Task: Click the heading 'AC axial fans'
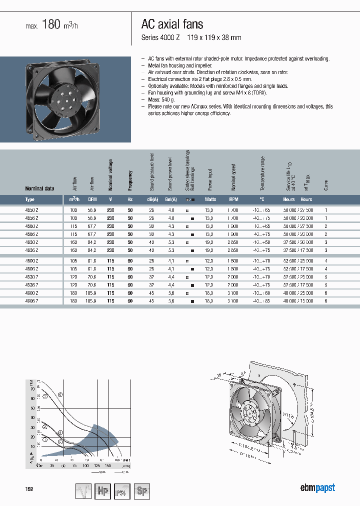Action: pyautogui.click(x=172, y=24)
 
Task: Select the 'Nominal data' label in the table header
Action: pyautogui.click(x=39, y=188)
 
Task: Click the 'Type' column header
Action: pyautogui.click(x=30, y=199)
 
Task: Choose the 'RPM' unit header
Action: pyautogui.click(x=233, y=199)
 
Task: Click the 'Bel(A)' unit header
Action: pyautogui.click(x=171, y=199)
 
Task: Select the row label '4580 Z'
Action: pyautogui.click(x=31, y=226)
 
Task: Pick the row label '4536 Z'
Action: pyautogui.click(x=31, y=284)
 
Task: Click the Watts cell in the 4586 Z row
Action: pyautogui.click(x=209, y=234)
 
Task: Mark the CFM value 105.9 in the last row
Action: pyautogui.click(x=91, y=300)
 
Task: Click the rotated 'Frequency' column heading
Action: pyautogui.click(x=130, y=180)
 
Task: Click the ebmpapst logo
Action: pyautogui.click(x=317, y=488)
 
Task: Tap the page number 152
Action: pyautogui.click(x=29, y=489)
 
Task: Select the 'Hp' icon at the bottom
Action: pyautogui.click(x=103, y=491)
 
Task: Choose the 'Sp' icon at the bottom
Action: pyautogui.click(x=142, y=491)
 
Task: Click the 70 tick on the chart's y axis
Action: pyautogui.click(x=32, y=388)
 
